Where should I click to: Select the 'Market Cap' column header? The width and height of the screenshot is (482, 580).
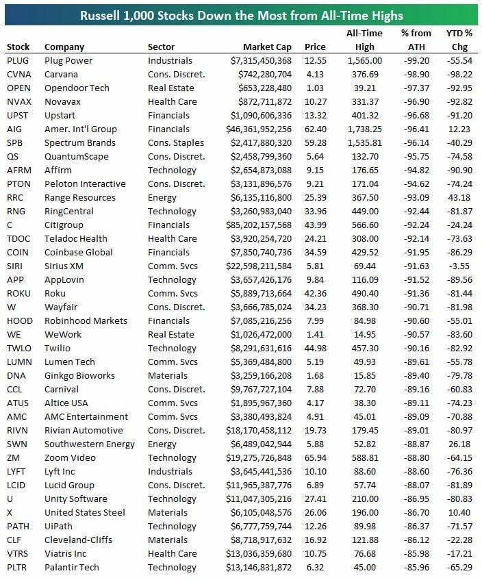pos(267,47)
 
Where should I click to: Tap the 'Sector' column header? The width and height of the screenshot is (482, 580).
pos(161,47)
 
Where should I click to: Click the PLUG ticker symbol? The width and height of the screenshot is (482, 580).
pos(18,61)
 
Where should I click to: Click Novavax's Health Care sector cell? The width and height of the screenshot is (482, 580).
pos(173,102)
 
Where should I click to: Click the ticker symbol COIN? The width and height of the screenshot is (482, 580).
pos(18,253)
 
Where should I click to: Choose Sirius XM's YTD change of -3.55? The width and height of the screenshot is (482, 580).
pos(460,266)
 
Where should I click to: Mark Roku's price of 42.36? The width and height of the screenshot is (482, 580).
pos(315,294)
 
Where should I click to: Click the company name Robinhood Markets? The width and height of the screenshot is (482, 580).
pos(86,321)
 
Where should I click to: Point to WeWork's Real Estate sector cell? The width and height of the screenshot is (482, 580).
pos(170,335)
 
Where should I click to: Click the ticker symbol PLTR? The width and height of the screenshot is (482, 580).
pos(18,568)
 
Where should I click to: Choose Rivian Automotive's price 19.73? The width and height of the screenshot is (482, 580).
pos(315,431)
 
